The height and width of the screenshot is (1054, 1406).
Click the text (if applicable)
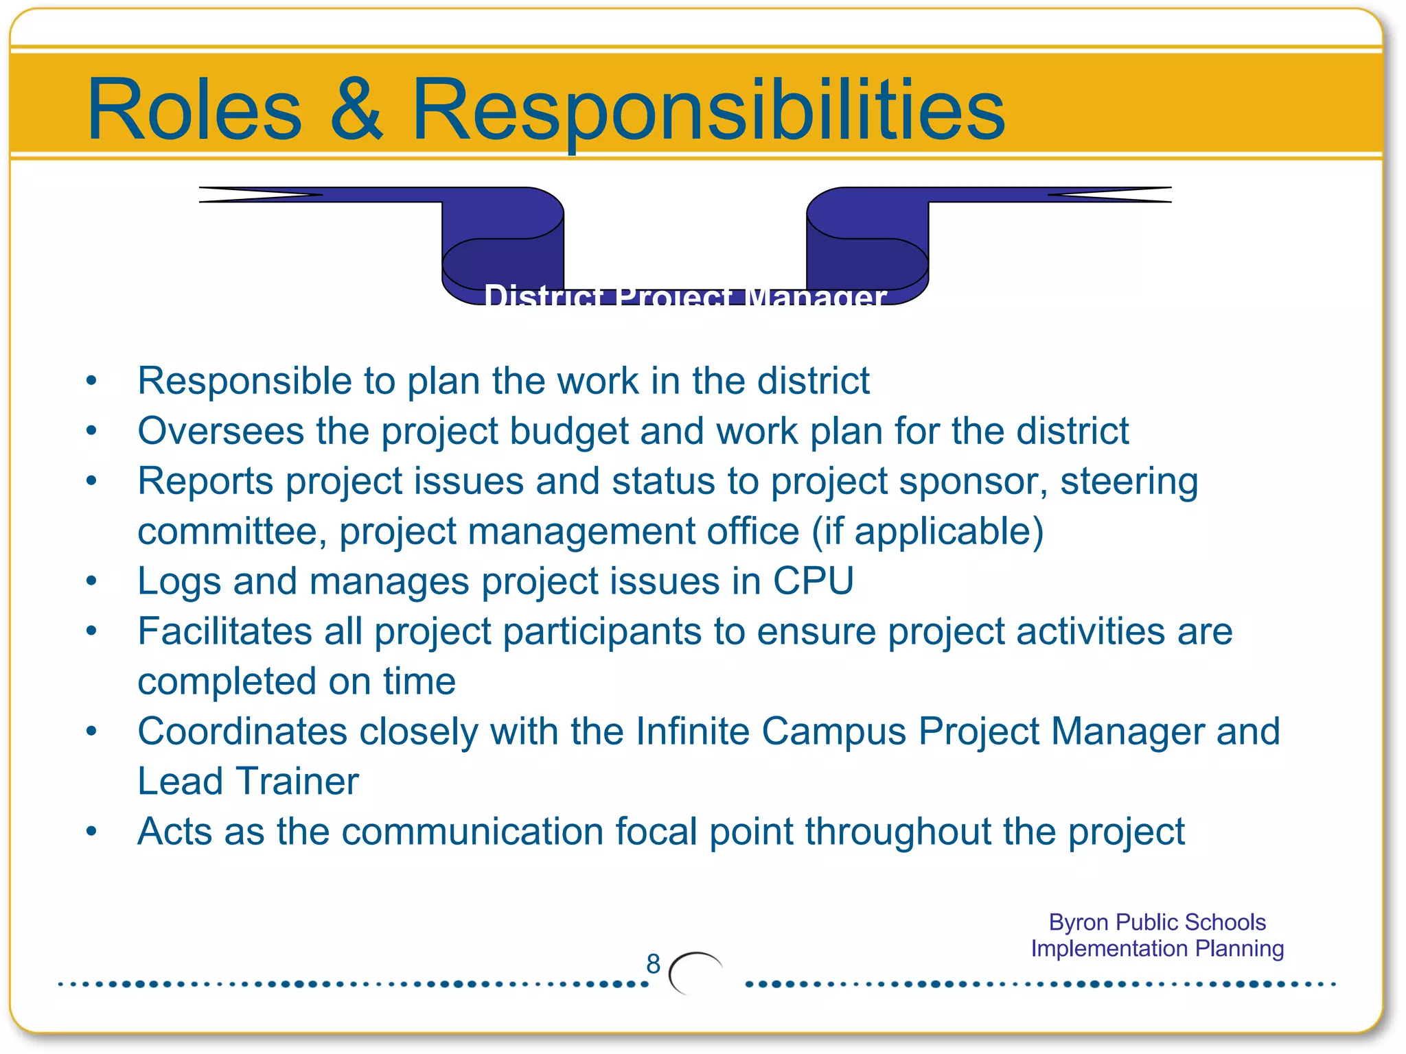pyautogui.click(x=927, y=532)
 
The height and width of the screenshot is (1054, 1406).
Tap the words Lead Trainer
pyautogui.click(x=248, y=782)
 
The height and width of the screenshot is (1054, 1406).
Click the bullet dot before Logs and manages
pyautogui.click(x=91, y=582)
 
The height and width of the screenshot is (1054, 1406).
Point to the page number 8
pyautogui.click(x=653, y=964)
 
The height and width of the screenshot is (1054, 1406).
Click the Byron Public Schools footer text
pyautogui.click(x=1157, y=922)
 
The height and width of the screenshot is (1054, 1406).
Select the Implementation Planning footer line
pyautogui.click(x=1157, y=948)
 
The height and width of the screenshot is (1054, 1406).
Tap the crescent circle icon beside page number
pyautogui.click(x=695, y=973)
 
